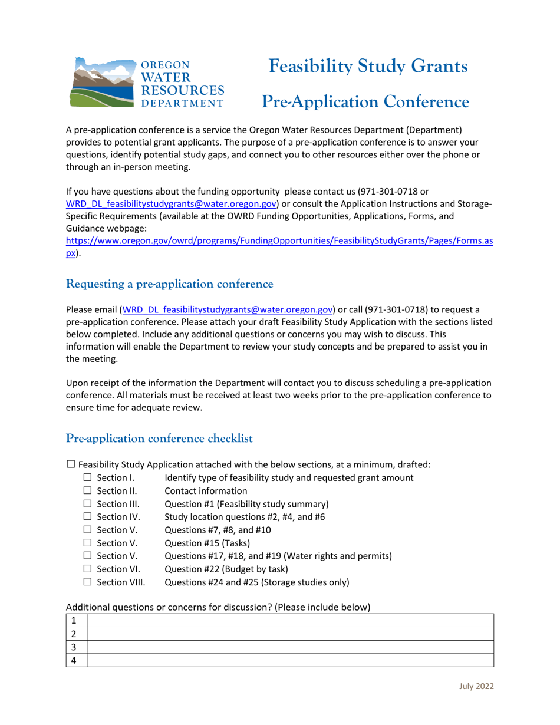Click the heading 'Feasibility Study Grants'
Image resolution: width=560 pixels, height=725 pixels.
click(x=368, y=66)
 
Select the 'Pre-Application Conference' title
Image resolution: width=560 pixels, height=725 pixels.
click(x=365, y=102)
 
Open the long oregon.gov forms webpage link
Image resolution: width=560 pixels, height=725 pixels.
click(x=279, y=241)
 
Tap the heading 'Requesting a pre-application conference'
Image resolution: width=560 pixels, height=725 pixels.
click(x=170, y=284)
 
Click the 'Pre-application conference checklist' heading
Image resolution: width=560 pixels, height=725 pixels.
click(x=160, y=439)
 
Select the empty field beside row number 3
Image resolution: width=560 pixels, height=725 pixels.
click(x=289, y=647)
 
